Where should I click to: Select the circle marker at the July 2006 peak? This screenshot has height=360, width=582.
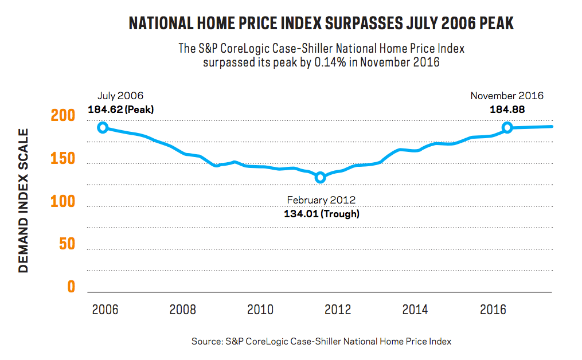103,127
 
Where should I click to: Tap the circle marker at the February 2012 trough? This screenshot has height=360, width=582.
321,177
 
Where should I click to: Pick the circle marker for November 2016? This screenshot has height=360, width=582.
507,127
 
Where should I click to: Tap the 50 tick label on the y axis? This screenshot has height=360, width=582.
67,244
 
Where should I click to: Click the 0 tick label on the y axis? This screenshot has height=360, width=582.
71,287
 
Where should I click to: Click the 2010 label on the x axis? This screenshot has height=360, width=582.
260,310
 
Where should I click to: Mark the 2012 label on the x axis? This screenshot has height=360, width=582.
338,310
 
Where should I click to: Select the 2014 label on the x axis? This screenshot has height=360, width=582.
415,310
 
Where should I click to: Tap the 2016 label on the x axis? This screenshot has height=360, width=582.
492,310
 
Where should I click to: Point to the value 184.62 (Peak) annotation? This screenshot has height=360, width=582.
121,109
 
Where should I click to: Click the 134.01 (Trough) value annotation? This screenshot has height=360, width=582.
321,213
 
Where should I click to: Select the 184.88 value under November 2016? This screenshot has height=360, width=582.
507,109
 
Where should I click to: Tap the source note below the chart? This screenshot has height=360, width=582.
321,341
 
